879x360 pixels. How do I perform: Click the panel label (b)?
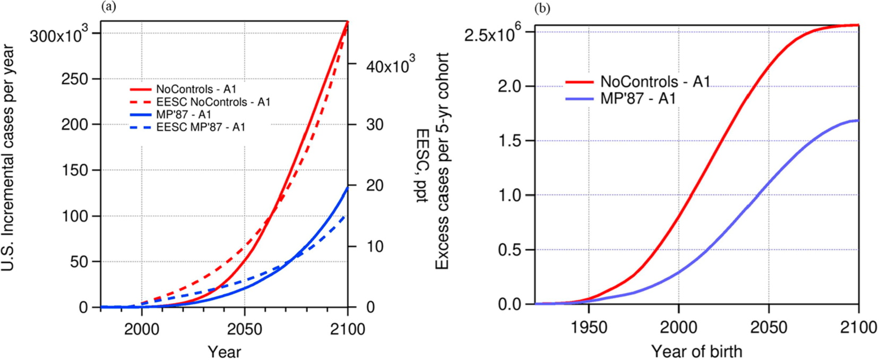tap(542, 8)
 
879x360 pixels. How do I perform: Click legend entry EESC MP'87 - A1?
tap(201, 127)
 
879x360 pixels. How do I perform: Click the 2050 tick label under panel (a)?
tap(244, 329)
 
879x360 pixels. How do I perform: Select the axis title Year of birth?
tap(696, 350)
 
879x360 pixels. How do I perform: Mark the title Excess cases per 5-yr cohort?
tap(443, 160)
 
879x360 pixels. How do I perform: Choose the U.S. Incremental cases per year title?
tap(8, 158)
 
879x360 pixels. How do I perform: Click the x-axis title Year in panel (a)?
tap(224, 352)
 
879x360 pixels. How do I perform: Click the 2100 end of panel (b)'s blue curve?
tap(858, 121)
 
